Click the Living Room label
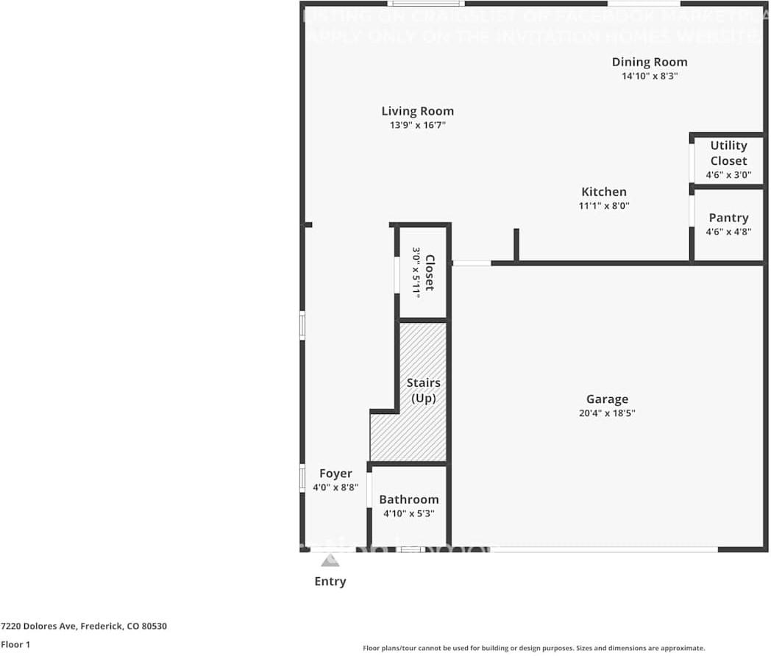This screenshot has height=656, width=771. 417,111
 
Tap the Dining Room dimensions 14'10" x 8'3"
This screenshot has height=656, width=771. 650,76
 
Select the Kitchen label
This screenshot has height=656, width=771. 603,192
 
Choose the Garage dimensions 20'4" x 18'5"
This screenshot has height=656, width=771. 607,413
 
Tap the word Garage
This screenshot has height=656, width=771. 607,399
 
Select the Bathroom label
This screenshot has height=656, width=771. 409,499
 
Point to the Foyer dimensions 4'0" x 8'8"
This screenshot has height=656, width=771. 335,487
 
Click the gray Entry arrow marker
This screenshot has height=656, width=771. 330,561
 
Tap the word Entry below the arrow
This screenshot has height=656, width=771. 330,582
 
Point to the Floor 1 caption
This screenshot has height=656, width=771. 16,644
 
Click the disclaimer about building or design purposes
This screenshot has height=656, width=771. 533,648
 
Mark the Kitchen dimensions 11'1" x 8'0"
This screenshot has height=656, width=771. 603,206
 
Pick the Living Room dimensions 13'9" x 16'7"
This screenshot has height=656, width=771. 417,125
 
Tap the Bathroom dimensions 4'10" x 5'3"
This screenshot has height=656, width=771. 409,513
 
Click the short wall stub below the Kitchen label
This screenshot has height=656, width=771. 516,244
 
